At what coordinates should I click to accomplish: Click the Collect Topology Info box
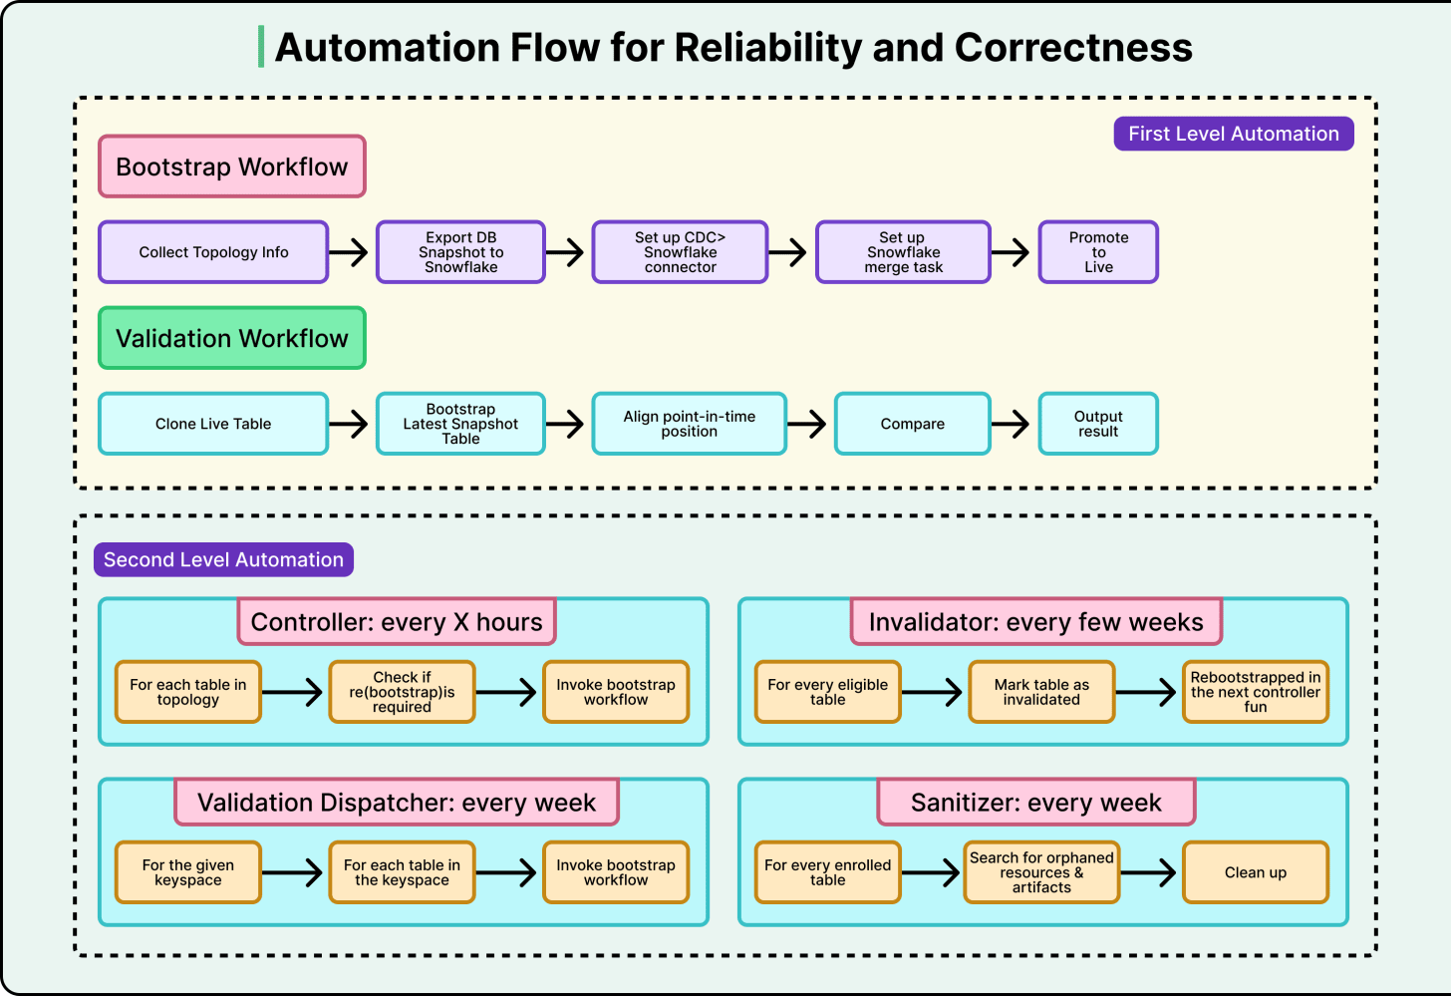213,252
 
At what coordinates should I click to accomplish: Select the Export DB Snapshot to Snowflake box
460,252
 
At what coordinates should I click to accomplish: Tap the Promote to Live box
1098,252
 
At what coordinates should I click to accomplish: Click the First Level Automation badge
1234,134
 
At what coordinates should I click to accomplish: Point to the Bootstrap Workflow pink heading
232,166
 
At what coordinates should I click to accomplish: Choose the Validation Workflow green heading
232,338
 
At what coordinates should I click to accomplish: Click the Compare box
912,424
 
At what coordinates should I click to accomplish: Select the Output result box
1098,424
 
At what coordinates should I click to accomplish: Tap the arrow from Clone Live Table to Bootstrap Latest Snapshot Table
349,424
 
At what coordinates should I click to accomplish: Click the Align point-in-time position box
690,424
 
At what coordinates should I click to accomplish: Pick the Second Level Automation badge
223,559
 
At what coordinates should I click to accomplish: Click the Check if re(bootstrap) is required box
402,692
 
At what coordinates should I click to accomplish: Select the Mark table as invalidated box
1041,692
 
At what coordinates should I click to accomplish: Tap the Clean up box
1256,872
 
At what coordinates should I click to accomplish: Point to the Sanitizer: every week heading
1035,803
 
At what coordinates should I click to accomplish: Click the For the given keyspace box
187,872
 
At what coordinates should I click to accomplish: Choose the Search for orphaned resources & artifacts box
1041,872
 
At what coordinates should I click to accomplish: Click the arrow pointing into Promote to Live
1010,252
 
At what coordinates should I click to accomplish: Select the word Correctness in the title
1073,47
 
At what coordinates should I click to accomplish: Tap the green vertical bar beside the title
261,47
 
